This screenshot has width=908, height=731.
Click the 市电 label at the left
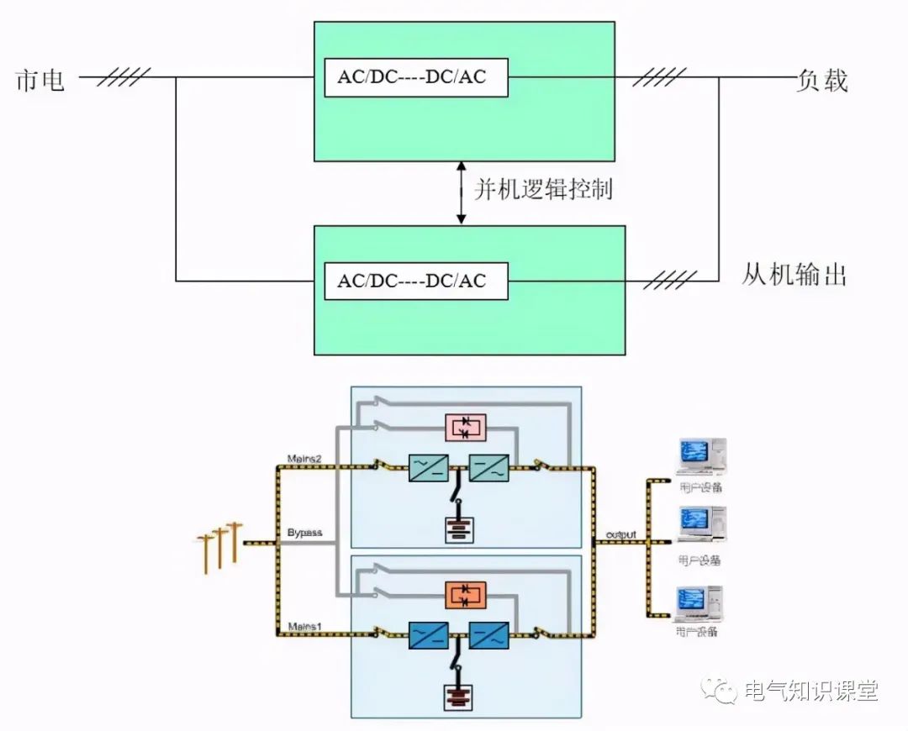[x=40, y=81]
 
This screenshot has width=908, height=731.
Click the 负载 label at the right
[x=822, y=81]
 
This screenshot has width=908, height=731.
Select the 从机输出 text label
[x=794, y=274]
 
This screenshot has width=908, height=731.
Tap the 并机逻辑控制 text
[x=542, y=189]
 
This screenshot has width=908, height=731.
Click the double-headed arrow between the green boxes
[x=461, y=193]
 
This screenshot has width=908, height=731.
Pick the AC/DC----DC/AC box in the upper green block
[x=416, y=78]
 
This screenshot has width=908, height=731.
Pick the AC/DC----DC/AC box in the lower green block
[x=416, y=281]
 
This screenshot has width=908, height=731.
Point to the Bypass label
[x=304, y=534]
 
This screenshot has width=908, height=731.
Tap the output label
[x=620, y=534]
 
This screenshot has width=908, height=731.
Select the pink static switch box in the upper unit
[x=465, y=428]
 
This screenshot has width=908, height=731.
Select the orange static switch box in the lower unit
[x=465, y=596]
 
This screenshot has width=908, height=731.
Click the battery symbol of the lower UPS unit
[x=459, y=697]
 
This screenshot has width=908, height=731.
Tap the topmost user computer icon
[x=699, y=458]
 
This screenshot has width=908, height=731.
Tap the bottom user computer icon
[x=699, y=605]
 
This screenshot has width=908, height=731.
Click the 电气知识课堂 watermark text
[x=811, y=691]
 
